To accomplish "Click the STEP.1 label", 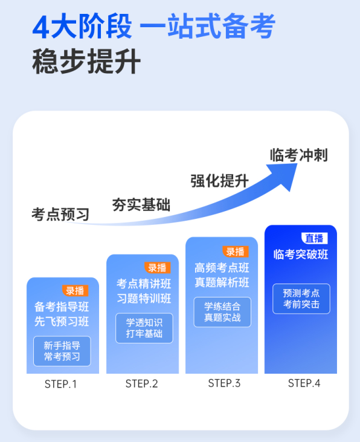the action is [x=60, y=384].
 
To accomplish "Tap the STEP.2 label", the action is [x=142, y=383].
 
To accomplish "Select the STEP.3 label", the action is [x=224, y=383].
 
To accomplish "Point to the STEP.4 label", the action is [x=304, y=383].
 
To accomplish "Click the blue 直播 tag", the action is [x=314, y=238].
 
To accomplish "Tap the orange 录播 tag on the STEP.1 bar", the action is [x=76, y=291].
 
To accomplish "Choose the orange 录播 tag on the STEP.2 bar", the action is [x=158, y=267].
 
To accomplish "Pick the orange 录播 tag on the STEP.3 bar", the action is [x=236, y=252].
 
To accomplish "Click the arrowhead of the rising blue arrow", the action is [x=284, y=175].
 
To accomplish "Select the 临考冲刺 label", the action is [x=298, y=155].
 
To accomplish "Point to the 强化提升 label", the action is [x=219, y=181].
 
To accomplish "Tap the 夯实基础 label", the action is [x=141, y=204].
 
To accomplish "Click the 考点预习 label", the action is [x=60, y=214].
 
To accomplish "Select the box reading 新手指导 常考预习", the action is [x=62, y=351].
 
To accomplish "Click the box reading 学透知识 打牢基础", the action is [x=144, y=328].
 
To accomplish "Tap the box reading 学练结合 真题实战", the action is [x=222, y=312].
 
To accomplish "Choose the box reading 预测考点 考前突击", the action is [x=301, y=299].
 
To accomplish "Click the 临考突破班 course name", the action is [x=301, y=255].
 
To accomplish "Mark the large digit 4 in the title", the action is [x=41, y=27].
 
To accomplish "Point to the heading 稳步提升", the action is [x=86, y=61].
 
